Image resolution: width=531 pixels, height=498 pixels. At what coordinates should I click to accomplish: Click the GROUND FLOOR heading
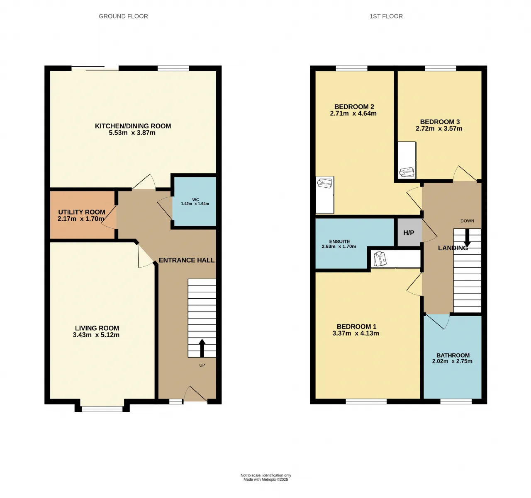pos(123,16)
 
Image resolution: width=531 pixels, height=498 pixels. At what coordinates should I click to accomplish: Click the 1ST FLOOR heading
pos(386,16)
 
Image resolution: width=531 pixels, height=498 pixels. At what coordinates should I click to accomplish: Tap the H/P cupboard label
pos(409,233)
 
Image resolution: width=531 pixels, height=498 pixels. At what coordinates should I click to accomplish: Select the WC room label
pos(195,199)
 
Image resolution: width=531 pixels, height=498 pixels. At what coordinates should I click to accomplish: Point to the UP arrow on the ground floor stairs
pos(202,348)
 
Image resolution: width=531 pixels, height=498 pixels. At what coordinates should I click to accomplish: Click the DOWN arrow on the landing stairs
pos(467,238)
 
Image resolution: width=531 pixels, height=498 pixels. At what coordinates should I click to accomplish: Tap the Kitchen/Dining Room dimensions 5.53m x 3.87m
pos(132,133)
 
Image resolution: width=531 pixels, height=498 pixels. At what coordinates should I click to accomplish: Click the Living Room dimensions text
pos(96,335)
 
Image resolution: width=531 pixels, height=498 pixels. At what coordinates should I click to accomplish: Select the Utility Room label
pos(82,212)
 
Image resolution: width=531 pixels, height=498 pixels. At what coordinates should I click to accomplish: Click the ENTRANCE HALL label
pos(187,260)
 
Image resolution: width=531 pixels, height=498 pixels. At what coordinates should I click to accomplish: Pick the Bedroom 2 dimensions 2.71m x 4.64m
pos(353,113)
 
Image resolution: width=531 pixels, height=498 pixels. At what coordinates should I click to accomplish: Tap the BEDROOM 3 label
pos(440,122)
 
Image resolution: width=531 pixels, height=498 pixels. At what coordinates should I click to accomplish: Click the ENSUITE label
pos(340,242)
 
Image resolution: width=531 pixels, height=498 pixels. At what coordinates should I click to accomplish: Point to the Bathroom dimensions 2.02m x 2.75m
pos(452,361)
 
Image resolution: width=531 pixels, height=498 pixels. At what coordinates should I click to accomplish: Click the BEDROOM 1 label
pos(357,326)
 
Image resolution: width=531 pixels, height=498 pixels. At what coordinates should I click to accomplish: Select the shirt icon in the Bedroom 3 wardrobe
pos(407,172)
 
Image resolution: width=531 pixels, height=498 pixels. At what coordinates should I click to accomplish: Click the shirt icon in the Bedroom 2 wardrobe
pos(324,183)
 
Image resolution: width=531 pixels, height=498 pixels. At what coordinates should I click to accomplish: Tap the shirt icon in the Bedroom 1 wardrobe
pos(380,259)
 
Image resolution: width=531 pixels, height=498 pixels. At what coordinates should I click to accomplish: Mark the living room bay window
pos(102,409)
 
